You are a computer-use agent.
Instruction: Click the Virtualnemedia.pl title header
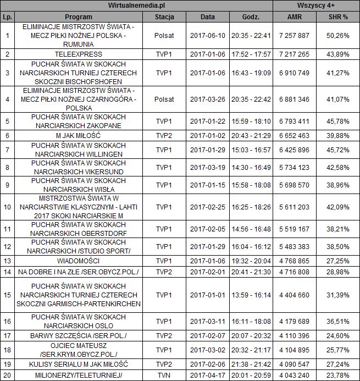[137, 5]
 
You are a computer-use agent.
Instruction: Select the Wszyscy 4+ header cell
[316, 5]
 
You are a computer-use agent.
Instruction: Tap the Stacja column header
[164, 16]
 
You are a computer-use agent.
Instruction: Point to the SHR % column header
[337, 16]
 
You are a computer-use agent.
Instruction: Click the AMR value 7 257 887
[295, 35]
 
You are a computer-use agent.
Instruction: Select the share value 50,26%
[337, 35]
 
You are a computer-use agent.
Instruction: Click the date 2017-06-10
[207, 35]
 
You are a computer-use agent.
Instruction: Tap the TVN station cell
[164, 375]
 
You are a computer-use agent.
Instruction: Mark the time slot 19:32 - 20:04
[251, 261]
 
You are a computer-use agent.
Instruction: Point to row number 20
[7, 375]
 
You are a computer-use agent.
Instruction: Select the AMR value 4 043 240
[295, 375]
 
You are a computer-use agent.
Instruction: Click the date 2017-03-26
[207, 100]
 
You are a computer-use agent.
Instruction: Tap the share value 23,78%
[337, 375]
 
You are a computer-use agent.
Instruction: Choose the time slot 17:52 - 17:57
[251, 54]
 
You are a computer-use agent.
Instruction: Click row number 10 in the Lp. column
[7, 207]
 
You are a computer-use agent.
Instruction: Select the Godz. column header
[251, 16]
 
